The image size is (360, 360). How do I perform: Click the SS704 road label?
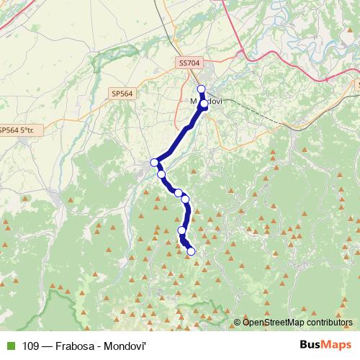click(x=189, y=63)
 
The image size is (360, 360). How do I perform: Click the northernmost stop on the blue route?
click(x=201, y=89)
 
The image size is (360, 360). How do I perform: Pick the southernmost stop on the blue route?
click(x=192, y=251)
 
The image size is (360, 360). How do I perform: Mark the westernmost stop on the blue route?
click(x=154, y=163)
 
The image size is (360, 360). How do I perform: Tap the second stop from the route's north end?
click(x=204, y=104)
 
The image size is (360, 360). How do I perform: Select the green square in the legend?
click(x=9, y=346)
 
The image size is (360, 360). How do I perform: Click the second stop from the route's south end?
click(x=181, y=230)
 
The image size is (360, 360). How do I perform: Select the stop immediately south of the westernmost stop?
click(x=161, y=174)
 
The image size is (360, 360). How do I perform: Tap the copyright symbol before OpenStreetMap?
click(x=238, y=323)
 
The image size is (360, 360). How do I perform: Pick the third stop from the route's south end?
click(x=185, y=199)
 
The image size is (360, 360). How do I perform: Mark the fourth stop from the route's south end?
click(x=178, y=193)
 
